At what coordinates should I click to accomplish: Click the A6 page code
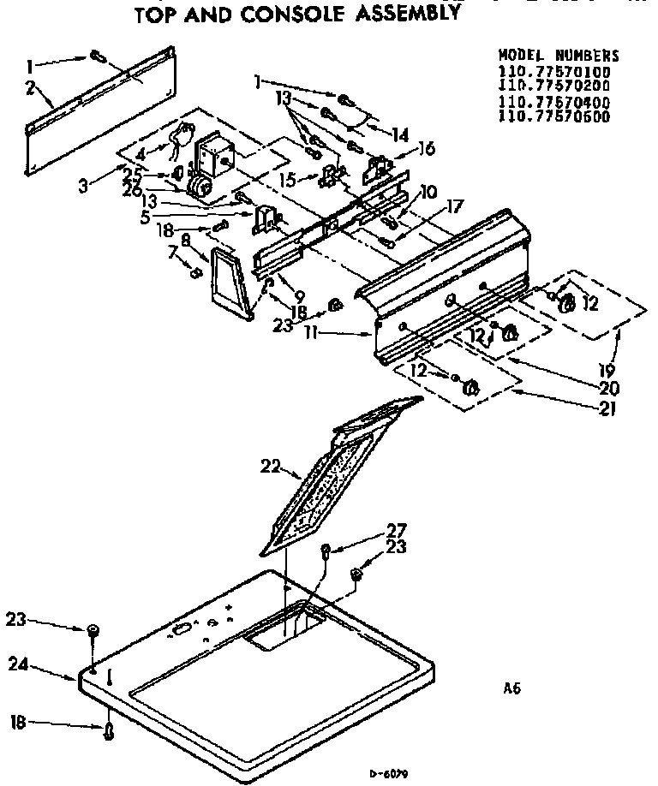click(511, 688)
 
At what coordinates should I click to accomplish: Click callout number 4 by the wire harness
click(141, 153)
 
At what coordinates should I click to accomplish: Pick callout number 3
click(83, 186)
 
